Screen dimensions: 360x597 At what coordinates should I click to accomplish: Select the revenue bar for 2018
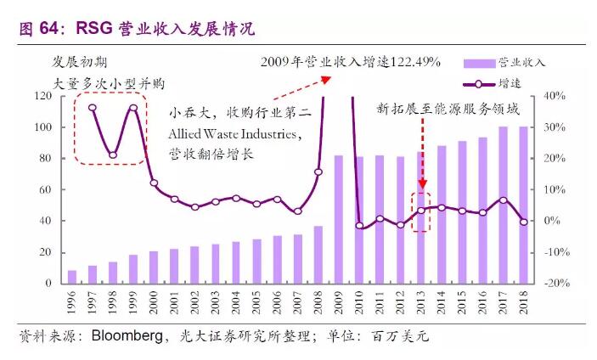pyautogui.click(x=524, y=205)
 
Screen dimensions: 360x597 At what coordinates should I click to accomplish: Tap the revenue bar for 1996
pyautogui.click(x=72, y=277)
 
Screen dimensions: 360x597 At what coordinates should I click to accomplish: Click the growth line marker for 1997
pyautogui.click(x=93, y=108)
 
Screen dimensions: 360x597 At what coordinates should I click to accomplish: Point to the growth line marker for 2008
pyautogui.click(x=318, y=172)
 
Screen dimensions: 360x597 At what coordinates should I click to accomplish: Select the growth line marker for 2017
pyautogui.click(x=504, y=200)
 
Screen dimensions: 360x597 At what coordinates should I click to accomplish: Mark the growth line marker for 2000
pyautogui.click(x=154, y=183)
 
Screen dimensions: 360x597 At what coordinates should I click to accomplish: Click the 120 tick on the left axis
pyautogui.click(x=43, y=96)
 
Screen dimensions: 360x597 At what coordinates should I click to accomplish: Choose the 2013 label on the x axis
pyautogui.click(x=421, y=304)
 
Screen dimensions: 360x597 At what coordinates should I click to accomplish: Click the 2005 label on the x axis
pyautogui.click(x=256, y=304)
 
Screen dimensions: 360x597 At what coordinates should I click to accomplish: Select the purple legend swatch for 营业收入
pyautogui.click(x=480, y=63)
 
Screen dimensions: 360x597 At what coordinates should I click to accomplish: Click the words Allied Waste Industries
pyautogui.click(x=235, y=135)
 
